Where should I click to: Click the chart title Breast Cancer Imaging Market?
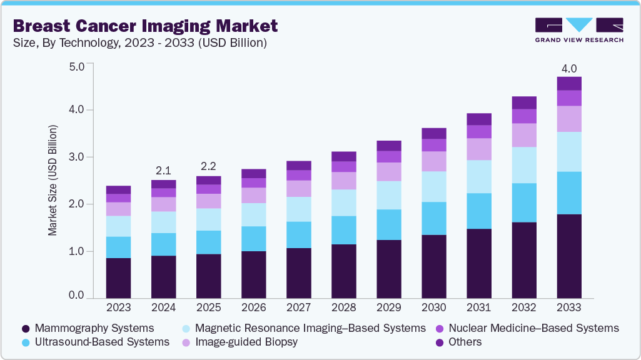[145, 26]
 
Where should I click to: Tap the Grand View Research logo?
[579, 29]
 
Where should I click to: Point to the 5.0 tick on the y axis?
[76, 66]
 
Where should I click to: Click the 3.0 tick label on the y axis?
[76, 157]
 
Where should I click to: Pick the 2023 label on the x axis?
[118, 307]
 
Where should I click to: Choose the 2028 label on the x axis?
[343, 307]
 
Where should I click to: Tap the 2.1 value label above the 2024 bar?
[163, 171]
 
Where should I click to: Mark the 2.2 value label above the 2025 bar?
[208, 167]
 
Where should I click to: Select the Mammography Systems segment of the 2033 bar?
[569, 256]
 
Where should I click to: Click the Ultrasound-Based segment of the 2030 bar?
[433, 218]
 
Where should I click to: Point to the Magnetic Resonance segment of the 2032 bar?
[524, 165]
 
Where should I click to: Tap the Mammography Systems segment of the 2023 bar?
[118, 278]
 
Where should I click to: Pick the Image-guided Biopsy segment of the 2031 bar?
[479, 149]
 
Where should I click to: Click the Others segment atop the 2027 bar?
[298, 166]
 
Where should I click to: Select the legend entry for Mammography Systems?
[88, 328]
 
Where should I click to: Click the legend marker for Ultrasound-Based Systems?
[26, 342]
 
